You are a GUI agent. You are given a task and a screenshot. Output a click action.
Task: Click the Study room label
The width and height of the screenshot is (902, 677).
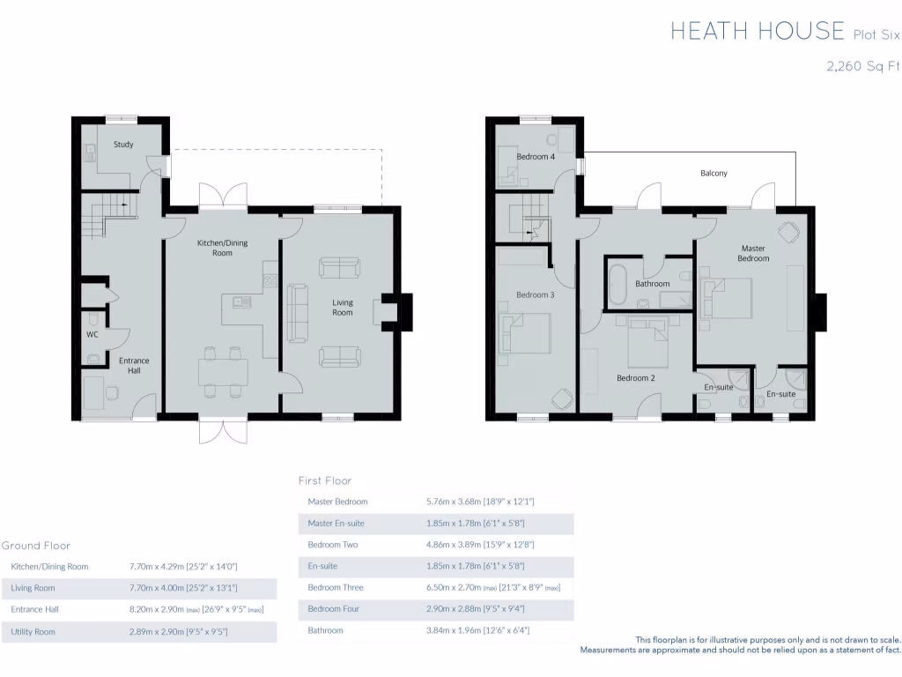(x=123, y=145)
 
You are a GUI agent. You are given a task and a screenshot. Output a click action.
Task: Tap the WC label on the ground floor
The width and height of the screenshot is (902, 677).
(x=92, y=335)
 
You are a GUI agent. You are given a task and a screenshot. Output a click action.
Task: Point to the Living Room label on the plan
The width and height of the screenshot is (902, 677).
(x=342, y=308)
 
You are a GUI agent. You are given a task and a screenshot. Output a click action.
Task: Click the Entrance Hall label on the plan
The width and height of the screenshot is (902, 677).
(x=134, y=365)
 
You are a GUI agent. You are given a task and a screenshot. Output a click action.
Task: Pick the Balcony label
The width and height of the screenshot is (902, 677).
(x=713, y=174)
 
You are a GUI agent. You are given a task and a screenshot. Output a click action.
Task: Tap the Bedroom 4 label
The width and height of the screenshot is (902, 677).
(x=535, y=157)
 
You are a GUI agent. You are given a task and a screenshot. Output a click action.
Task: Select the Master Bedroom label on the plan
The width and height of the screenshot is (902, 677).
(x=753, y=253)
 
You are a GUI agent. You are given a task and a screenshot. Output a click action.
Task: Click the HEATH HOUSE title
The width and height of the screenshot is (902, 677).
(x=757, y=32)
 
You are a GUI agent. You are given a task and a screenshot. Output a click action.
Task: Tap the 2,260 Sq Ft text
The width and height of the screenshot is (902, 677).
(x=862, y=66)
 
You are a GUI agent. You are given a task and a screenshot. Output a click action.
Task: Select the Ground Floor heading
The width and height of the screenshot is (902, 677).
(x=36, y=546)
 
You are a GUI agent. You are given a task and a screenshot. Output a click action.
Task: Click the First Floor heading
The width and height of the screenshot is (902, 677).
(x=325, y=480)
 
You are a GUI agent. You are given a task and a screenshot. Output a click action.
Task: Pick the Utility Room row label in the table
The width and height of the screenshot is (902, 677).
(x=33, y=632)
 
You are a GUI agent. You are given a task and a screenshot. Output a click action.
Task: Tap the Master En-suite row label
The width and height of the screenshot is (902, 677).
(x=336, y=524)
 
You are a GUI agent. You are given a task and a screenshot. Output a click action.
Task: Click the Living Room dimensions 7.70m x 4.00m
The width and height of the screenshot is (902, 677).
(x=183, y=588)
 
